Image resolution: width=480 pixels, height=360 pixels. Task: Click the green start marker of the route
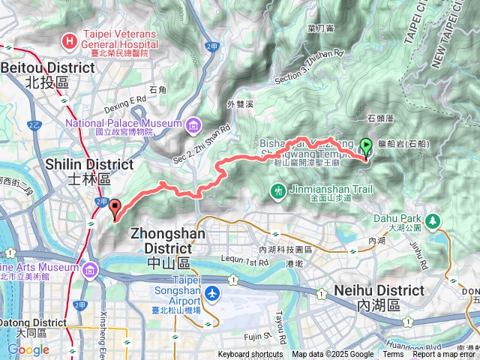pyautogui.click(x=366, y=146)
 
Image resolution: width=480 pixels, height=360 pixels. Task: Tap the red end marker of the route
pyautogui.click(x=114, y=208)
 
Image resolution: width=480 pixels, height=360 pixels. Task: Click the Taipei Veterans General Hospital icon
pyautogui.click(x=70, y=40)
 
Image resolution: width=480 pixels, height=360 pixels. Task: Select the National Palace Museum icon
pyautogui.click(x=193, y=123)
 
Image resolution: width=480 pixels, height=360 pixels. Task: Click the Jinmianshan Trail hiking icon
pyautogui.click(x=278, y=192)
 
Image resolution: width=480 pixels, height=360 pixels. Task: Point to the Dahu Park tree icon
pyautogui.click(x=433, y=221)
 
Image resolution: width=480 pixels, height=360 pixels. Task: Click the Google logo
pyautogui.click(x=28, y=349)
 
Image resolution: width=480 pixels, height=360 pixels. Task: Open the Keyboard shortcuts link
pyautogui.click(x=250, y=355)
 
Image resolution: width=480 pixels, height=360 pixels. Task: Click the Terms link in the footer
pyautogui.click(x=392, y=355)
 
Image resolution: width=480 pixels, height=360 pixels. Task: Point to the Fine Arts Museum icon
pyautogui.click(x=91, y=268)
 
